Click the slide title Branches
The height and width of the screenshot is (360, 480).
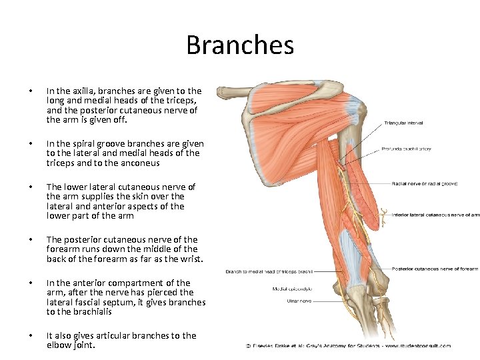click(x=240, y=45)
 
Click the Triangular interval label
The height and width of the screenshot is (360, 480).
click(x=403, y=123)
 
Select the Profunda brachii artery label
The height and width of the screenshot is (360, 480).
click(x=406, y=149)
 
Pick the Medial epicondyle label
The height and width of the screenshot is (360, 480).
click(x=293, y=289)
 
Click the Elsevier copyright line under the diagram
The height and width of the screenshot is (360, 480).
click(x=349, y=345)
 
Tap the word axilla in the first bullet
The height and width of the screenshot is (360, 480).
click(x=81, y=91)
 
